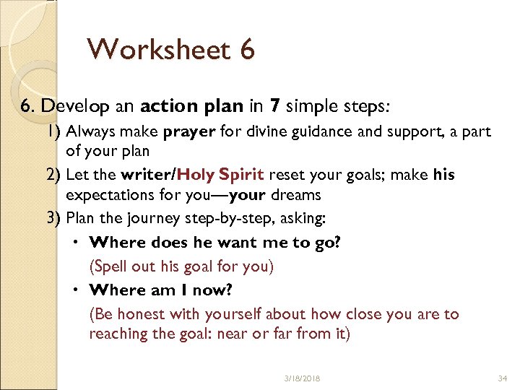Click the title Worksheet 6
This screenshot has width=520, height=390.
point(170,50)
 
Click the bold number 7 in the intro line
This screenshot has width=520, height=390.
point(274,107)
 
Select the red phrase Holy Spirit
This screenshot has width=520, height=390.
point(222,175)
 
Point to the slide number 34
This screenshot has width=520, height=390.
point(503,378)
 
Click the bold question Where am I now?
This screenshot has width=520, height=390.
point(162,290)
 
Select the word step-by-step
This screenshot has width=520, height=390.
point(222,217)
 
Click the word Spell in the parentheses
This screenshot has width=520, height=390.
point(111,266)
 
